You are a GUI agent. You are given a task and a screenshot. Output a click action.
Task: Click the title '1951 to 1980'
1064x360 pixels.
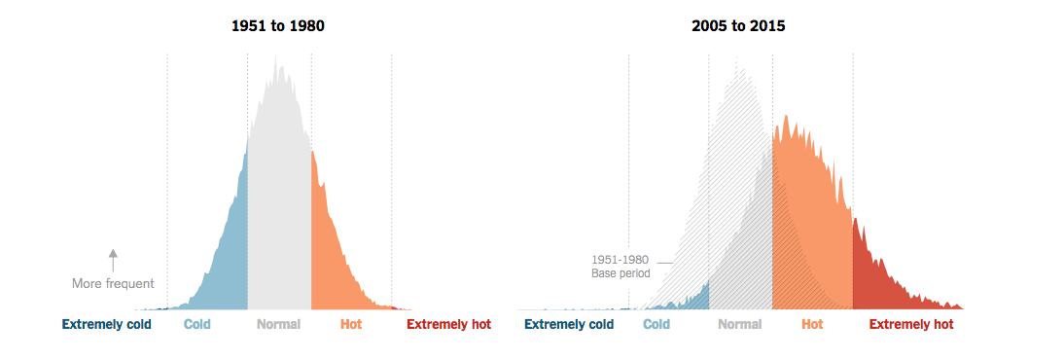[278, 26]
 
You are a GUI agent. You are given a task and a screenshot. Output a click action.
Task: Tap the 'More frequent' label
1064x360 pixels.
[113, 284]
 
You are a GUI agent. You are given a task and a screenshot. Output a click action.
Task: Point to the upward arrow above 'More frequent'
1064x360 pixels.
[113, 260]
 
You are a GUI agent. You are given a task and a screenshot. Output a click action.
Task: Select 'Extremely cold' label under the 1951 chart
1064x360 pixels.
[107, 325]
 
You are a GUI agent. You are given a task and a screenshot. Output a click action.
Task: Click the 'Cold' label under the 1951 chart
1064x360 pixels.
[197, 325]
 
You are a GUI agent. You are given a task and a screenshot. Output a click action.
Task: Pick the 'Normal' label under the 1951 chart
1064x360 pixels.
[278, 325]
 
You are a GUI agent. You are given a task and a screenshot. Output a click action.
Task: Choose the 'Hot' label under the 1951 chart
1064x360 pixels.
[351, 325]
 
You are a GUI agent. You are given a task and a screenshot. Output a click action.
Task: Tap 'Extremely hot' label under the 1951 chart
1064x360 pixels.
[448, 325]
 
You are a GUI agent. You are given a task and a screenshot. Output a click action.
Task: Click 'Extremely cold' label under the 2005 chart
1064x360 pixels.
[569, 325]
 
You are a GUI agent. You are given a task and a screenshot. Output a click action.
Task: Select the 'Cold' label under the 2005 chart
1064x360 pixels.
[656, 325]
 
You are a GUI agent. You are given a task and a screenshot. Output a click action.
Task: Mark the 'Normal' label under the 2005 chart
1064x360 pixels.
[740, 325]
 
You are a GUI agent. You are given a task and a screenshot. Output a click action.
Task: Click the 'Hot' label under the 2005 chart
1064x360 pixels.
[812, 325]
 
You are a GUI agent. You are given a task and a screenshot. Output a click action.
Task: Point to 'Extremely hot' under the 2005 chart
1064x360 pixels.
[911, 325]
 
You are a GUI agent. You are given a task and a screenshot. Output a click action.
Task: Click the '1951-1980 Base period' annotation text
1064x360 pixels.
[621, 267]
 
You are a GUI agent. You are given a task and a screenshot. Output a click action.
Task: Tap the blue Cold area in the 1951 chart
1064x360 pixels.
[229, 263]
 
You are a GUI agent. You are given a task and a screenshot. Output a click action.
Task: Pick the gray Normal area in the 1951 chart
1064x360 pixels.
[279, 195]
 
